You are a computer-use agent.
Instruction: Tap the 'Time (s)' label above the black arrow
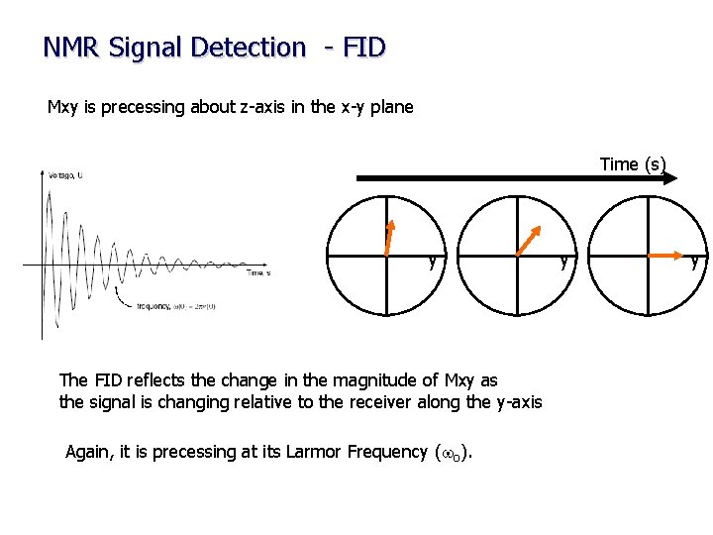[x=633, y=164]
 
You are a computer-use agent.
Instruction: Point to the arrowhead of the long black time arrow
[x=670, y=178]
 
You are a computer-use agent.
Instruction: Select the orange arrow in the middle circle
[x=528, y=241]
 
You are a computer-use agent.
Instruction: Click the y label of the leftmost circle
[x=432, y=263]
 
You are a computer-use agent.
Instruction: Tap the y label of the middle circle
[x=563, y=263]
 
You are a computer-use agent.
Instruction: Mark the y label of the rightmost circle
[x=694, y=263]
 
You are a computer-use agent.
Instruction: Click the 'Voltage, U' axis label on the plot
[x=65, y=175]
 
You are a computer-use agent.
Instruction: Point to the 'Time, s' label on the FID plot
[x=257, y=272]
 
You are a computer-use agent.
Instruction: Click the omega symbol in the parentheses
[x=447, y=453]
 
